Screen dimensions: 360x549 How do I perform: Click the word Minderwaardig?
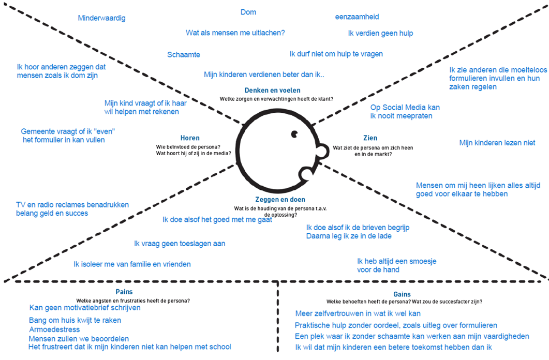[x=101, y=18]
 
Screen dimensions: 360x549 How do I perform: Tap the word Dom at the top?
[x=248, y=12]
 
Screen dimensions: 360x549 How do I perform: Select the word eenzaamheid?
[x=358, y=17]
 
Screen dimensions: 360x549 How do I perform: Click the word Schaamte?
[x=184, y=54]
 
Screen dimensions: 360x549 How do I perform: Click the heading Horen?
[x=190, y=138]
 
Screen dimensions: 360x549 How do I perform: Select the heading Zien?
[x=370, y=138]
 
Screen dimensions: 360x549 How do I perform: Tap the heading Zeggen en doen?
[x=280, y=199]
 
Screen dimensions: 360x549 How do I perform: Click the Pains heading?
[x=124, y=292]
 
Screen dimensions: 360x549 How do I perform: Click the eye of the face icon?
[x=294, y=134]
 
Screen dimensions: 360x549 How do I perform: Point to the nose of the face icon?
[x=321, y=151]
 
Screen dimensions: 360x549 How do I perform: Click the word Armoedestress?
[x=54, y=329]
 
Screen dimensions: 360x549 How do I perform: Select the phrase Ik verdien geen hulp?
[x=380, y=34]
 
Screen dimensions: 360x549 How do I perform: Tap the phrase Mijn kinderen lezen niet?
[x=497, y=142]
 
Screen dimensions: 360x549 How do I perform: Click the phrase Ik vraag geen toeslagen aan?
[x=180, y=243]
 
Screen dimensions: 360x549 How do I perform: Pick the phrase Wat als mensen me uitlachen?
[x=235, y=33]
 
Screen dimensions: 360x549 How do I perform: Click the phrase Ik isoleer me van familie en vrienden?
[x=132, y=264]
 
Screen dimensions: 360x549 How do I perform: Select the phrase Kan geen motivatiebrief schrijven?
[x=85, y=308]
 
